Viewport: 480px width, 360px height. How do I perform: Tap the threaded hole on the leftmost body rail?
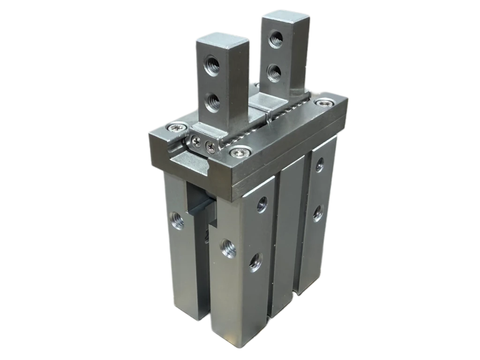[177, 219]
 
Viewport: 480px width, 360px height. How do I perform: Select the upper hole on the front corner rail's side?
[262, 204]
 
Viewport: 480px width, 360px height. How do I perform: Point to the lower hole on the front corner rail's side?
[256, 262]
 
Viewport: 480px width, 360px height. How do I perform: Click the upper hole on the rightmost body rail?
[319, 165]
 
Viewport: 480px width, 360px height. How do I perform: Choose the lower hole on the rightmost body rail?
[317, 213]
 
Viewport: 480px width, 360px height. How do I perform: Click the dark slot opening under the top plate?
[199, 206]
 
